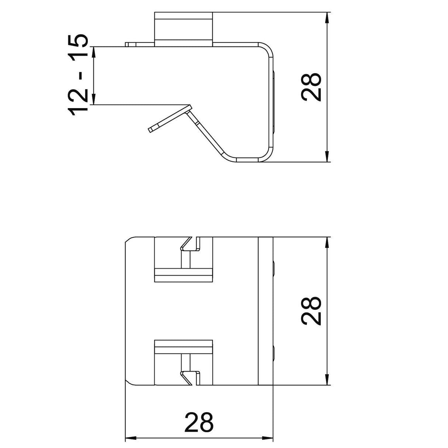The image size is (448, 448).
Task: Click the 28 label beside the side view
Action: [x=311, y=87]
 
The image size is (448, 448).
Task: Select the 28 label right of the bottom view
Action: [x=311, y=311]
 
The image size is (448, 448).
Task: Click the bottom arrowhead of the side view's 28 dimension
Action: [x=327, y=156]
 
